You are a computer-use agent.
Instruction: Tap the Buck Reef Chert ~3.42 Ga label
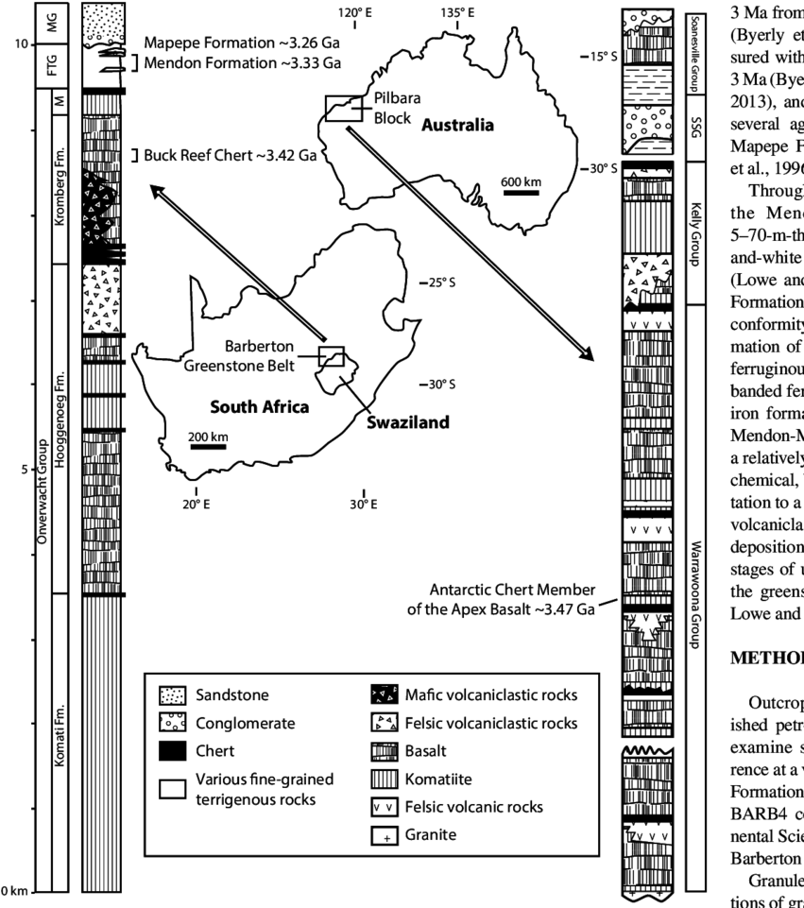pos(229,152)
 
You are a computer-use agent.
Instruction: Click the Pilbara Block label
pos(396,108)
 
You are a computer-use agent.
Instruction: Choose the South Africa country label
pos(258,408)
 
